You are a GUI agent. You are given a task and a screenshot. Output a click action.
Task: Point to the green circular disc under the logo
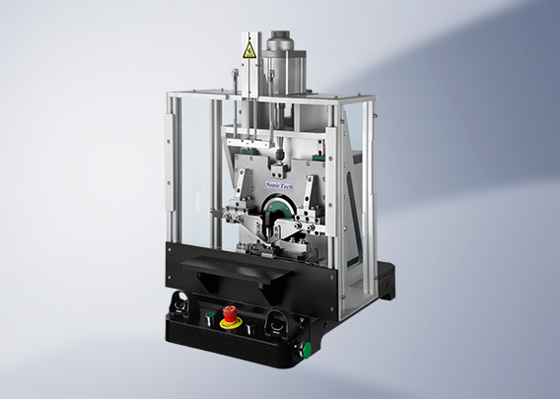280,211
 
